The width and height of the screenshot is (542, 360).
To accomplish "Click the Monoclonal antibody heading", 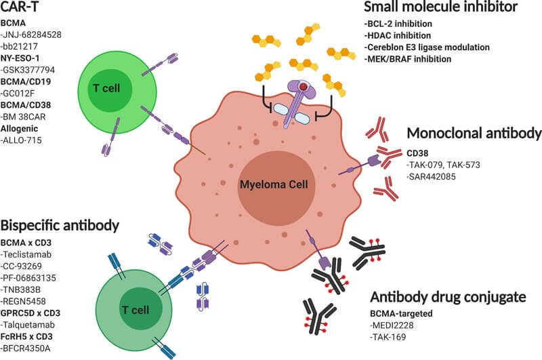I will coord(474,134).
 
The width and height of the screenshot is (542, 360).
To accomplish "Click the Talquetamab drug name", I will coord(29,326).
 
